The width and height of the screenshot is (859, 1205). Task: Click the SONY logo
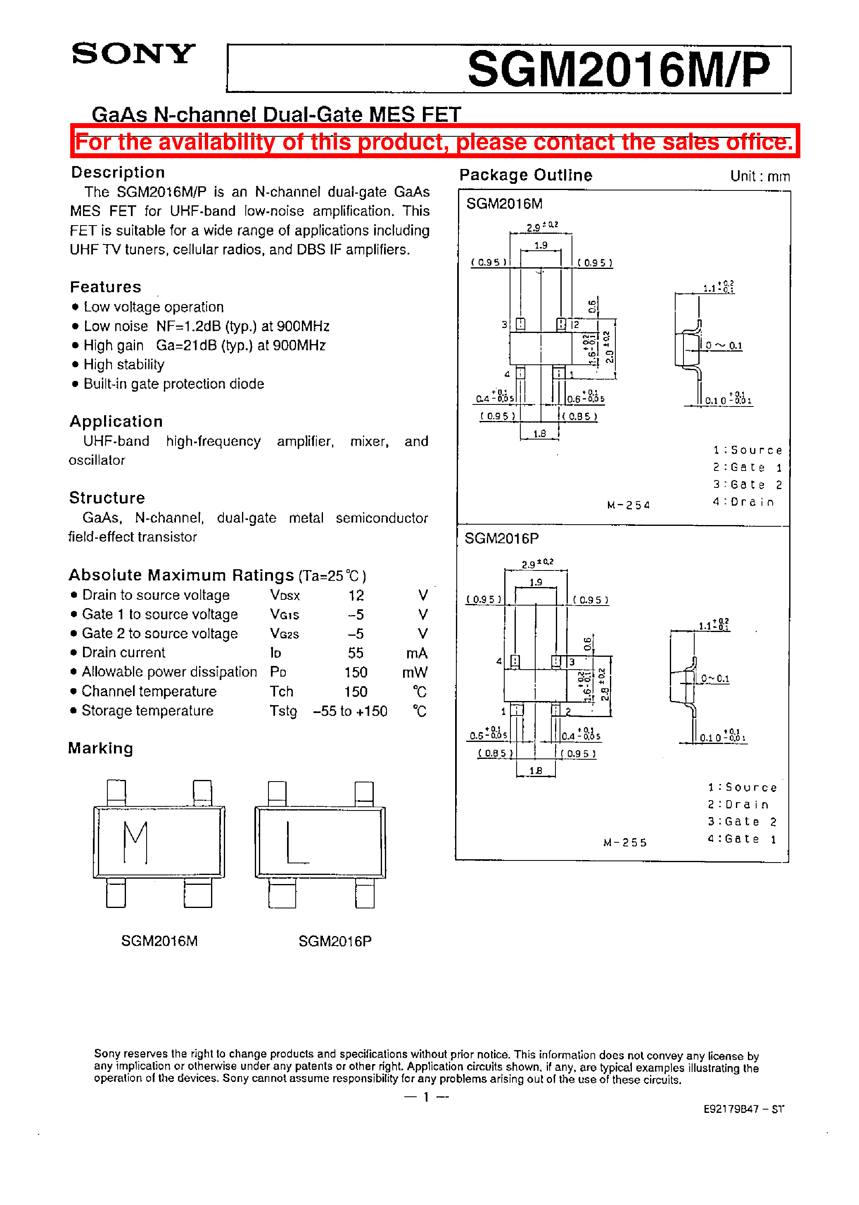click(x=133, y=54)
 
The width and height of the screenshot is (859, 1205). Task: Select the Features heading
click(x=106, y=287)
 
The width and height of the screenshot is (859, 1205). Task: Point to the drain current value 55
click(x=356, y=653)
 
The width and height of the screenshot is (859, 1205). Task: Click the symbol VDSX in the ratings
click(x=285, y=595)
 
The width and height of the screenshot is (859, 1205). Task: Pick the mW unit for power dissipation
click(x=414, y=673)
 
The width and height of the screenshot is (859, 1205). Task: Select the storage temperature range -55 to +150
click(x=350, y=711)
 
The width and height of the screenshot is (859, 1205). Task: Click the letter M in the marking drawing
click(x=135, y=841)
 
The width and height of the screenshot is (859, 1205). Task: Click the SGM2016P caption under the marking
click(x=335, y=941)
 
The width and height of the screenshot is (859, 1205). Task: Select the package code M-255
click(x=625, y=843)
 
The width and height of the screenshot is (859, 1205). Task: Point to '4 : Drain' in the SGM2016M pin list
click(x=743, y=501)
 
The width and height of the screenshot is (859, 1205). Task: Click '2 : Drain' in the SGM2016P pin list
click(x=738, y=805)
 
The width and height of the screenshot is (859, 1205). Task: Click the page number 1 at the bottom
click(x=426, y=1097)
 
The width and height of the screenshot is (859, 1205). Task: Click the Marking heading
click(x=100, y=748)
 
